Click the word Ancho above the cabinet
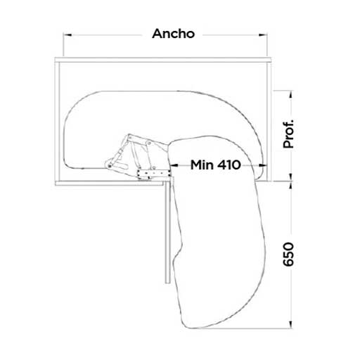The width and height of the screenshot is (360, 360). coord(174,34)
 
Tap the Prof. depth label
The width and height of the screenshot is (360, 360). coord(288,134)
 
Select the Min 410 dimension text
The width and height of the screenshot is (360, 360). coord(216,165)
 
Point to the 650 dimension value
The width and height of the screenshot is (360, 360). coord(288,255)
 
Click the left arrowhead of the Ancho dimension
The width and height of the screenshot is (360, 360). coord(67,35)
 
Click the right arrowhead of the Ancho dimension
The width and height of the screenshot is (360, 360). coord(263,35)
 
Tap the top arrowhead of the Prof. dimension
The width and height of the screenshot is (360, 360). coord(290,95)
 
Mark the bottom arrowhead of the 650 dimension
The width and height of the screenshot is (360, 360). coord(290,324)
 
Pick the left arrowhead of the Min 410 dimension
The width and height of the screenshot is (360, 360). coord(174,165)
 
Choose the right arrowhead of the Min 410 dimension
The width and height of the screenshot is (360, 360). coord(262,165)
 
